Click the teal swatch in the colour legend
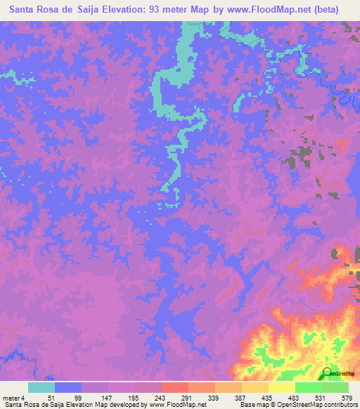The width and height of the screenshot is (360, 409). pyautogui.click(x=41, y=387)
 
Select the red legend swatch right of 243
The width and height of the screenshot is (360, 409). pyautogui.click(x=174, y=387)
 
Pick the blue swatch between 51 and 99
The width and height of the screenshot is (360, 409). pyautogui.click(x=68, y=387)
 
